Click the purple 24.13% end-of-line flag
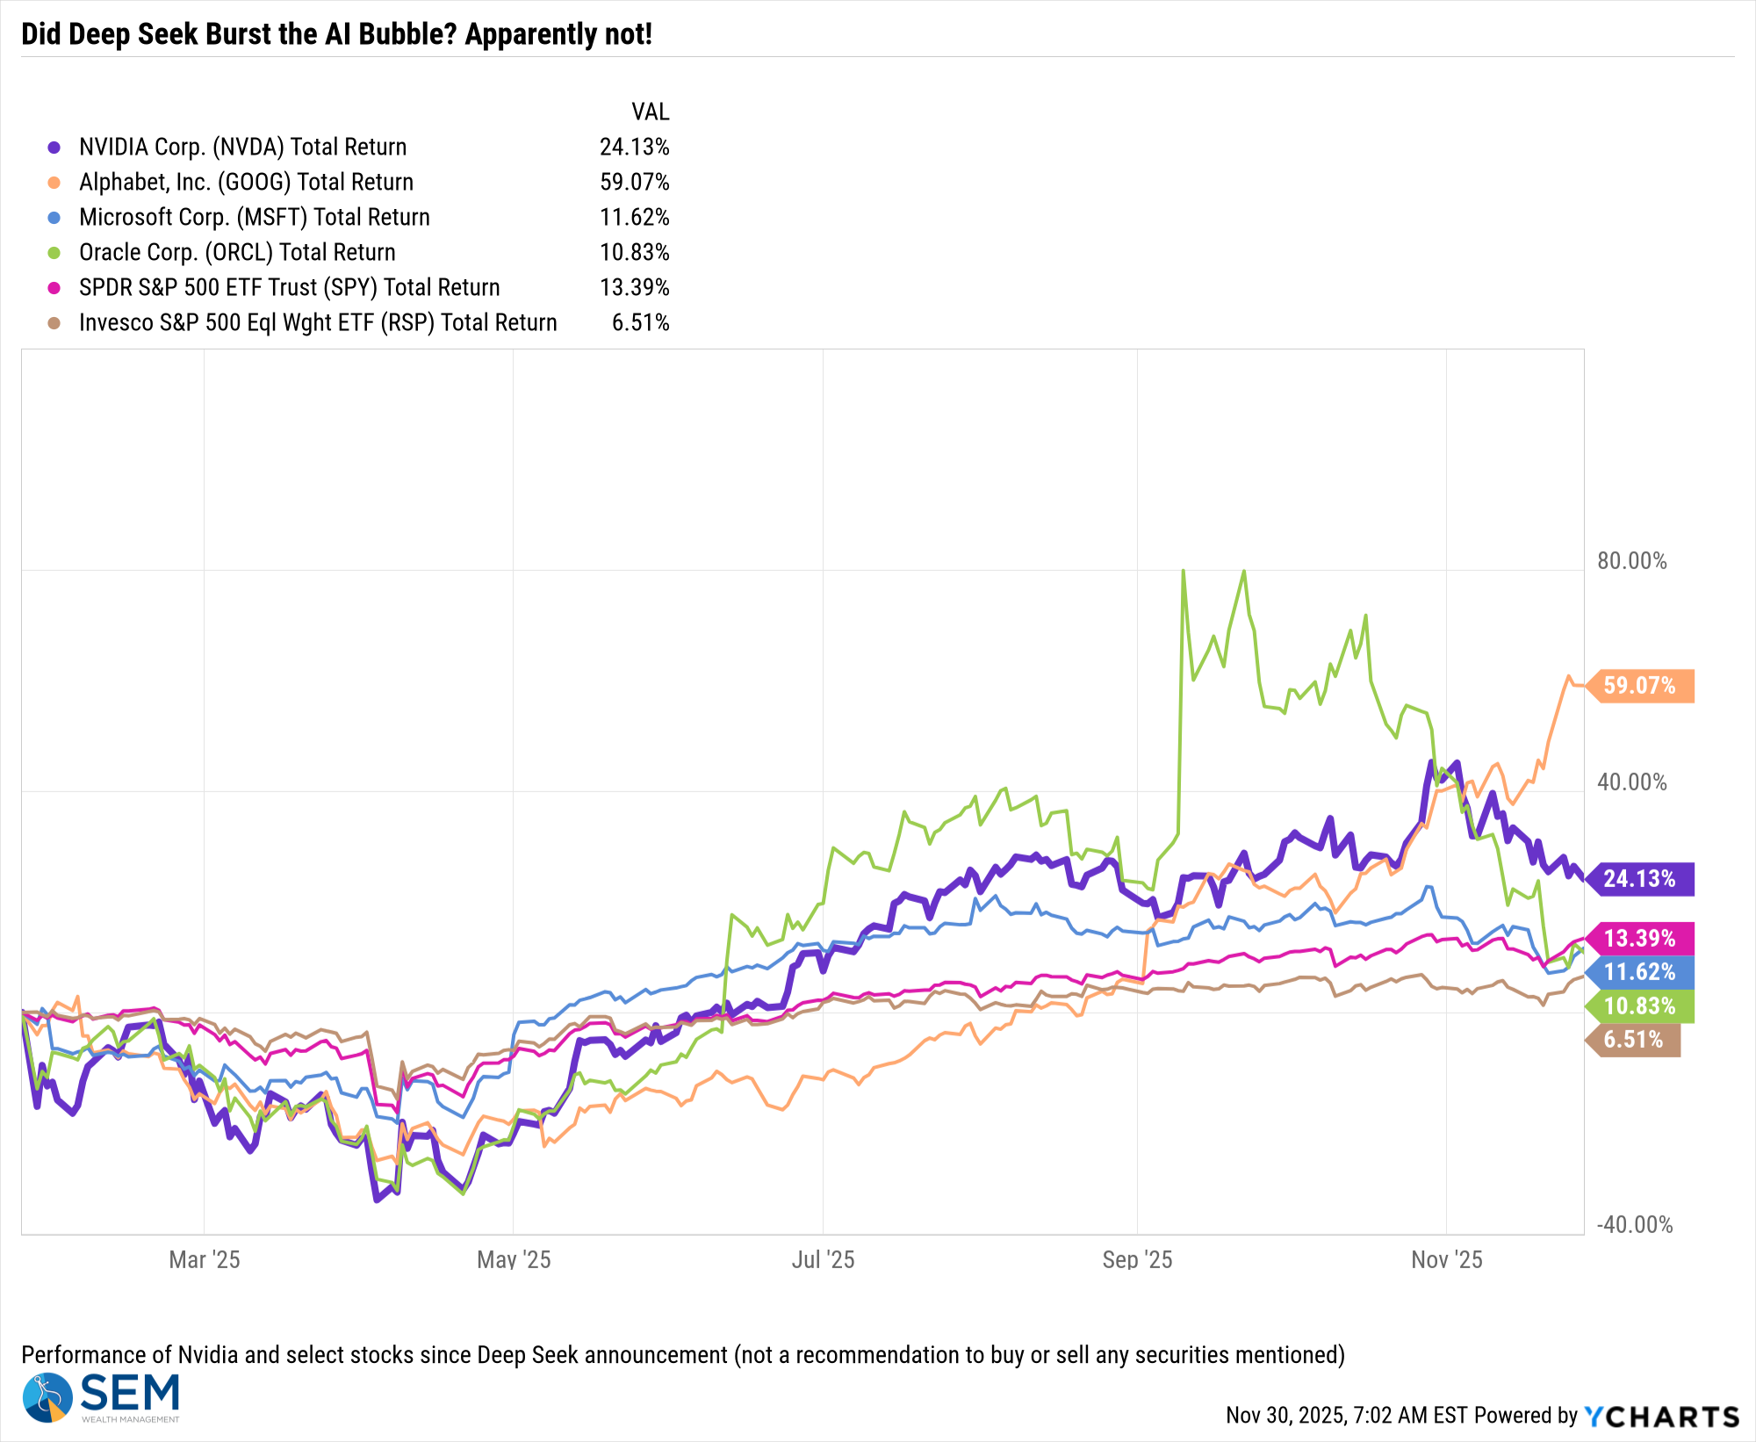point(1639,879)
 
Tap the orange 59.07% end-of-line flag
point(1639,686)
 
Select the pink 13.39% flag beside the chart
point(1639,939)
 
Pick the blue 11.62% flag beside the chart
point(1639,972)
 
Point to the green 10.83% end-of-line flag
point(1639,1006)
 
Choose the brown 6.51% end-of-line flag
point(1633,1040)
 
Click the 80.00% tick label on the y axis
point(1631,561)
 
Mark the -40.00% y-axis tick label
point(1634,1225)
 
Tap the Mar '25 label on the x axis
point(204,1260)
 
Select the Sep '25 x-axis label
point(1137,1260)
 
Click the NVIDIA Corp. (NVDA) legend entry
point(242,147)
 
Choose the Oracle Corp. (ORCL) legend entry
point(237,252)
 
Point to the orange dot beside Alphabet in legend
point(54,183)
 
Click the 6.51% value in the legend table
point(640,322)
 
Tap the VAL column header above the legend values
point(650,112)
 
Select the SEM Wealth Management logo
point(102,1396)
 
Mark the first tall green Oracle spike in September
point(1184,573)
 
